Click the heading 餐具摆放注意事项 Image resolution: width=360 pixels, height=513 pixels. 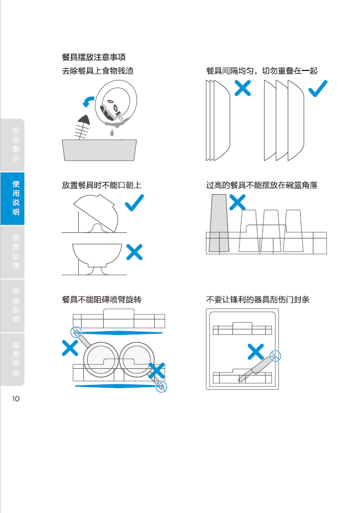click(x=94, y=57)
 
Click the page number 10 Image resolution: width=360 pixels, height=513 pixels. click(x=15, y=398)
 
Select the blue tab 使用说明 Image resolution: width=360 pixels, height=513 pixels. click(x=16, y=198)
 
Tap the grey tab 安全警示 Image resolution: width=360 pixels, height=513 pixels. click(x=16, y=144)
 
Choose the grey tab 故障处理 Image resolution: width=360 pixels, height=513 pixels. click(x=16, y=251)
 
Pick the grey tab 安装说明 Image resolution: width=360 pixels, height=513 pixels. click(x=16, y=305)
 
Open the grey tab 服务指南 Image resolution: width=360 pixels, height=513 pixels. click(x=16, y=359)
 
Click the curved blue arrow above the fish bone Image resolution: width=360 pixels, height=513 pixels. click(x=88, y=101)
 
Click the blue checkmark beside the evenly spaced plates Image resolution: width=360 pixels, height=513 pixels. click(x=317, y=89)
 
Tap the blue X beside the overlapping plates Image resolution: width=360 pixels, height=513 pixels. click(x=242, y=87)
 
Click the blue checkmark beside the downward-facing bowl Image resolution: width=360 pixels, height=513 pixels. click(x=134, y=204)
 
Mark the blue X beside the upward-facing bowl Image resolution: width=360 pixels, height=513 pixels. click(x=134, y=252)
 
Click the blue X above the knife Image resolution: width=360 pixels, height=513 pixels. click(x=255, y=351)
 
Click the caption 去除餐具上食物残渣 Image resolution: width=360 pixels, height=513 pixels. click(x=97, y=70)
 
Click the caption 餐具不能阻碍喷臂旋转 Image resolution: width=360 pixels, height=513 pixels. click(x=102, y=299)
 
